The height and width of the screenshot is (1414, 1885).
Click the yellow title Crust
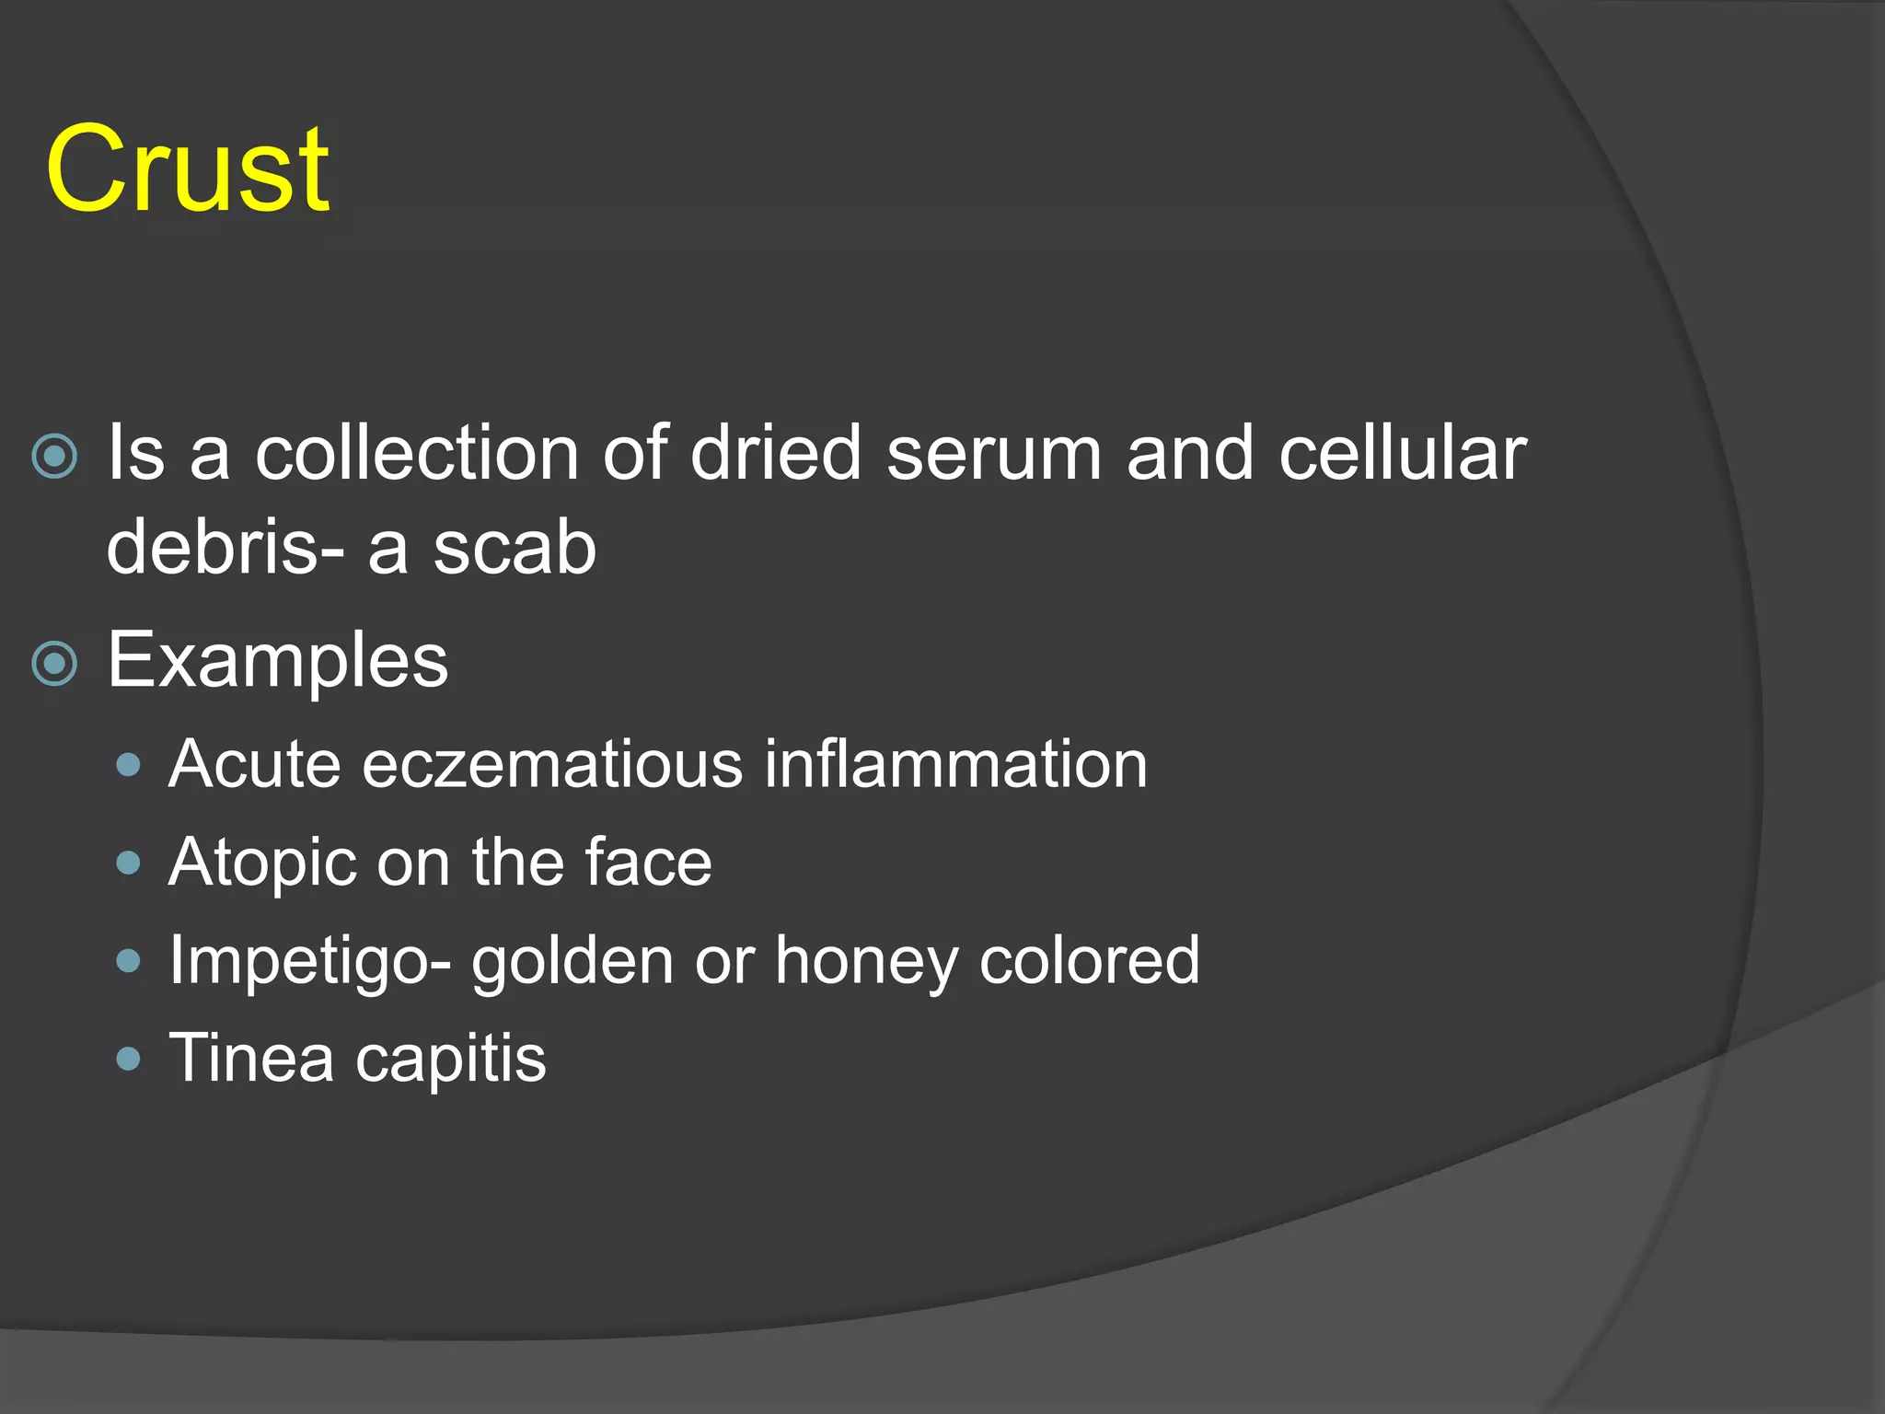pos(188,169)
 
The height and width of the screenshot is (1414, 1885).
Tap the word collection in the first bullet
pos(417,453)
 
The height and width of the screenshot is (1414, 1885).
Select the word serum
pos(994,453)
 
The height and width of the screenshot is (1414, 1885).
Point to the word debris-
pos(226,547)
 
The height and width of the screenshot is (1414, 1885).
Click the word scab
pos(515,547)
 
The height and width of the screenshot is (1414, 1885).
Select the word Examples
pos(278,661)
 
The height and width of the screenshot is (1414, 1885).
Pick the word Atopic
pos(262,863)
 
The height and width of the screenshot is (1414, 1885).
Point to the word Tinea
pos(251,1058)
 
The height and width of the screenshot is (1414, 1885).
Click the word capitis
pos(451,1060)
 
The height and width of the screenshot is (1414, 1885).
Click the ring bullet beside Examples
pos(54,664)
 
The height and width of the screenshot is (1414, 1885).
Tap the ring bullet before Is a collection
pos(54,456)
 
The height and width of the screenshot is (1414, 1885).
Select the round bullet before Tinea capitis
pos(129,1059)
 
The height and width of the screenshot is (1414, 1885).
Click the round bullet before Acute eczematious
pos(129,765)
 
